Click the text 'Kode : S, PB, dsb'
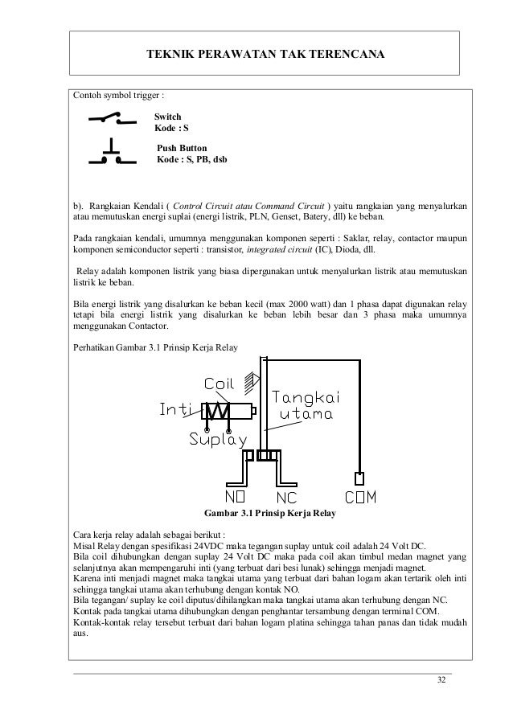(x=191, y=160)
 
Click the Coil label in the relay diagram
(x=220, y=382)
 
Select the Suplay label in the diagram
(x=217, y=439)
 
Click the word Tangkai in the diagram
(x=303, y=397)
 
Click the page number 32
(x=441, y=681)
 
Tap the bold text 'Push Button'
(x=182, y=149)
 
